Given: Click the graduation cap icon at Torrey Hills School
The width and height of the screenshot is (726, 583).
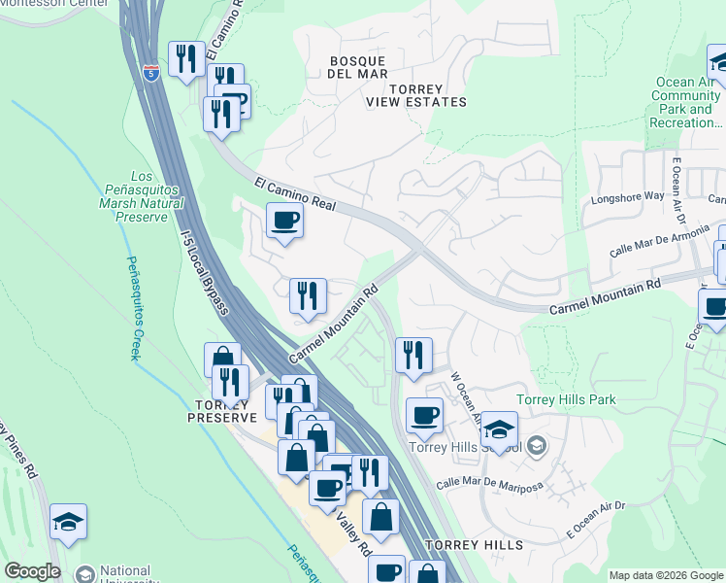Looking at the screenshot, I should pos(498,429).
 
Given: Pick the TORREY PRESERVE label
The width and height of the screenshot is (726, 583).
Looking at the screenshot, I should pos(225,410).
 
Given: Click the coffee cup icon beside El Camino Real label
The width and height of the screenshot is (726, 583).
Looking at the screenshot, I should pos(284,220).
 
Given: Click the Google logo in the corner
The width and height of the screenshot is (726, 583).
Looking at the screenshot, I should pos(31,571).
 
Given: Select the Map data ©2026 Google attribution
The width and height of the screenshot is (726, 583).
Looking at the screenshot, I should pos(666,575).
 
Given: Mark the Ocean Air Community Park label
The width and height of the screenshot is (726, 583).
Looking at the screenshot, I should pos(685,103).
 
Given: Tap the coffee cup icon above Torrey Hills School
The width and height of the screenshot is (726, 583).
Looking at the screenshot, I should pos(424,415).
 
